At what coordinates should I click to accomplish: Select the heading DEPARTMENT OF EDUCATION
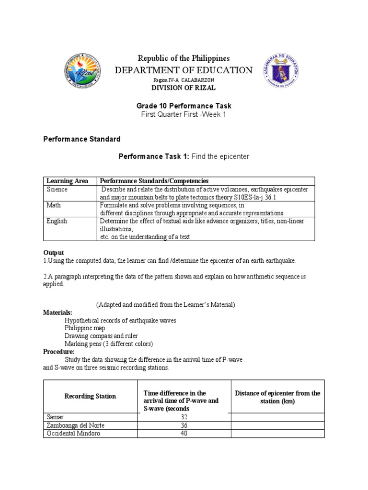point(184,70)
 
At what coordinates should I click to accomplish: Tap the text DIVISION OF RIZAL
point(184,88)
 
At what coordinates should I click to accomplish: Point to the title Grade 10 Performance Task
point(184,106)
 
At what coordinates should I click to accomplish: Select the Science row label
point(57,189)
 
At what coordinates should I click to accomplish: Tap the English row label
point(57,221)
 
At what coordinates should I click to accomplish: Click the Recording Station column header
point(90,396)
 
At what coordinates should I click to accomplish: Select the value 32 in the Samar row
point(184,417)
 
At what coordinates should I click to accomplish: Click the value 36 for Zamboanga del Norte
point(184,425)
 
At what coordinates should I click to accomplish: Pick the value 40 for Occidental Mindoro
point(184,434)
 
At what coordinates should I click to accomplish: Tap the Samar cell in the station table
point(55,417)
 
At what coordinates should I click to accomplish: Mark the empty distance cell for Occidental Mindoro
point(277,434)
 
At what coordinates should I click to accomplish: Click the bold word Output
point(54,253)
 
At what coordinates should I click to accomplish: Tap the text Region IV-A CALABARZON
point(184,79)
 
